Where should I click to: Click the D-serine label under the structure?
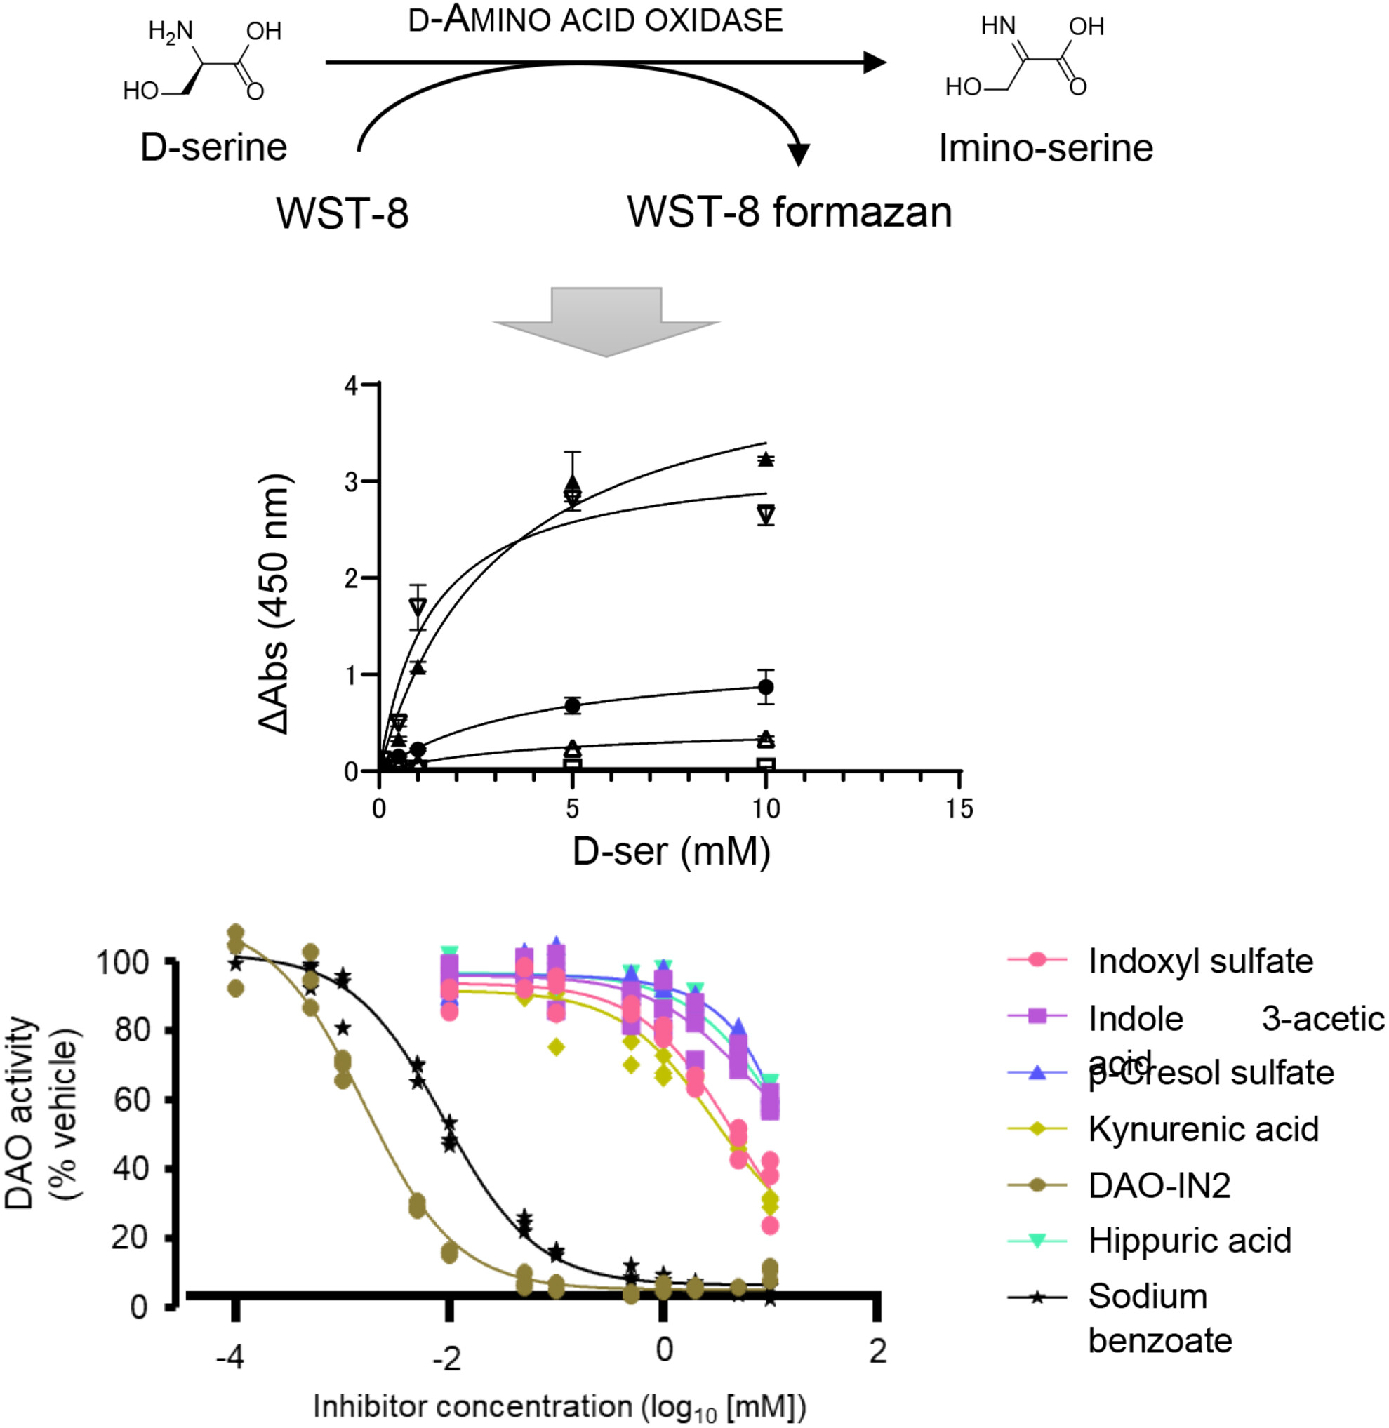click(x=213, y=147)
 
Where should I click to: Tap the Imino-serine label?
click(x=1045, y=148)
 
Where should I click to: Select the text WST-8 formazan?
click(x=790, y=212)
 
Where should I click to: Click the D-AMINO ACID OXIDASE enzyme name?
click(x=595, y=20)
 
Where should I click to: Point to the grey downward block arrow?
click(x=606, y=320)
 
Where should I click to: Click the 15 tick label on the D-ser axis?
click(x=959, y=809)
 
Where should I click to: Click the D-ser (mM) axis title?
click(x=671, y=851)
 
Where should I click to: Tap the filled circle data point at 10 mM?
click(x=765, y=687)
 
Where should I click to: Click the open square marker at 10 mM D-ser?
click(x=765, y=764)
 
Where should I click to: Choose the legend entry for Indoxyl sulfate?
click(x=1200, y=961)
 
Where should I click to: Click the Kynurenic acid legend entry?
click(x=1203, y=1129)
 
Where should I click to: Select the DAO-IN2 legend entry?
click(x=1159, y=1185)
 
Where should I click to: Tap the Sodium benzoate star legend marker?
click(x=1037, y=1297)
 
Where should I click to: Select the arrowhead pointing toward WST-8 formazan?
click(x=799, y=154)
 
